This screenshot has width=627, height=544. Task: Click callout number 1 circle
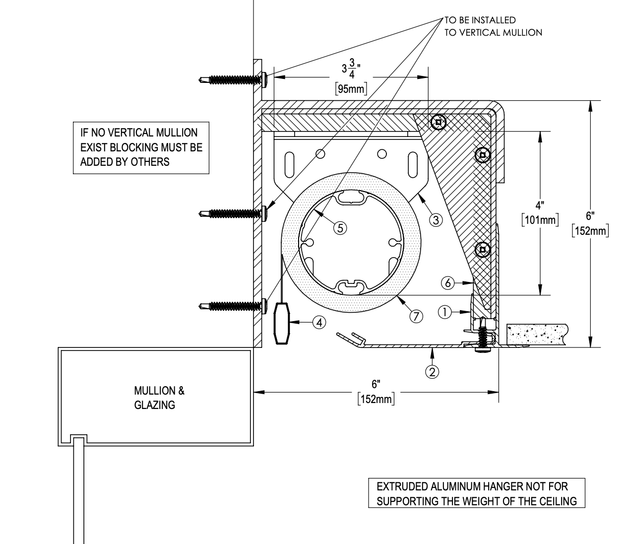[x=445, y=312]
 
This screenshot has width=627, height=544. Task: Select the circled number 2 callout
[x=433, y=371]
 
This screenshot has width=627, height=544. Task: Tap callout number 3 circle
[x=436, y=219]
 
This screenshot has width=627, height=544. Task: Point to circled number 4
[x=319, y=322]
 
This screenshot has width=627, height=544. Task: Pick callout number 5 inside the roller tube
[x=340, y=227]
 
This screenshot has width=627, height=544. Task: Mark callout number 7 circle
[x=416, y=315]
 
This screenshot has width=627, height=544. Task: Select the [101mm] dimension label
[x=540, y=219]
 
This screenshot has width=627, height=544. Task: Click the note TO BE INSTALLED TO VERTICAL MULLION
[x=493, y=26]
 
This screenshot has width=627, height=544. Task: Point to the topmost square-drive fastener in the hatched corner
[x=438, y=122]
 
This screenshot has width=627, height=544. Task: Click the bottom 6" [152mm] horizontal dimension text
[x=376, y=392]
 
